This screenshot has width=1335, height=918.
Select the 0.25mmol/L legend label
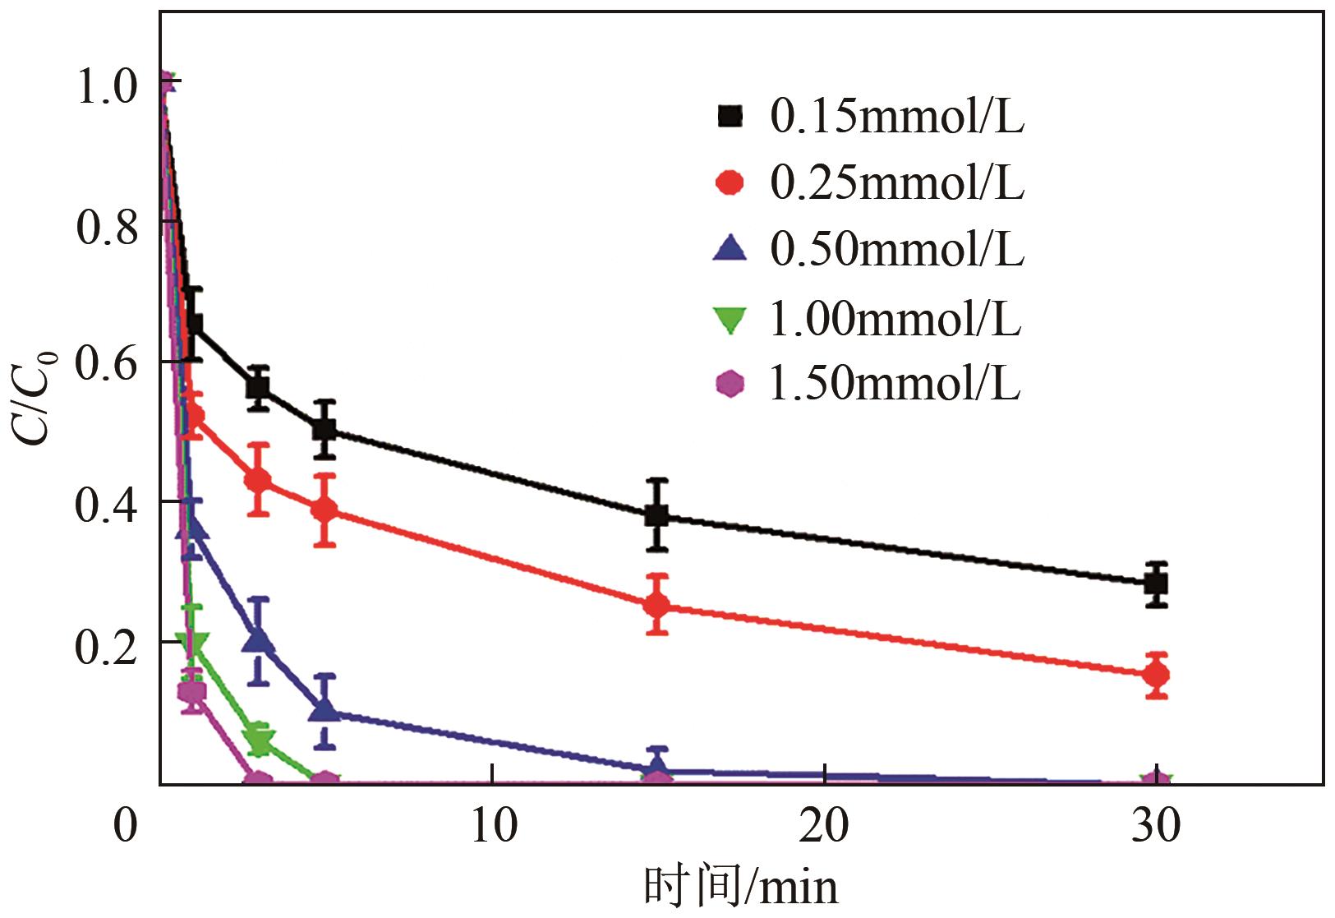pos(896,183)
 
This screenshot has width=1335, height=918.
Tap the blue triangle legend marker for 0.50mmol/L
pos(730,249)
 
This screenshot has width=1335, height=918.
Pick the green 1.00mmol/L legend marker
pos(730,320)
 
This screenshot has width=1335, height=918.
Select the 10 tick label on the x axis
pos(494,825)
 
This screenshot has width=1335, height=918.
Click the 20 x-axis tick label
pos(824,825)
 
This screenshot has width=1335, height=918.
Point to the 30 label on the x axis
pos(1156,825)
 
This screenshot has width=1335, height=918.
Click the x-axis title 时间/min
pos(740,887)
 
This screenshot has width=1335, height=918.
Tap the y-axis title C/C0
pos(37,397)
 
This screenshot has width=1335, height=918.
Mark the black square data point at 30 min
pos(1156,584)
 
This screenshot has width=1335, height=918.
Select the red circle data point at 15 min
pos(656,606)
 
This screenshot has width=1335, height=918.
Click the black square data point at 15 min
pos(656,515)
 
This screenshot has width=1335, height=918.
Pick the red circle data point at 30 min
pos(1156,675)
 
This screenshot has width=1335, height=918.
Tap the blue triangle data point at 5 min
pos(325,709)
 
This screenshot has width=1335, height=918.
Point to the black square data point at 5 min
pos(325,429)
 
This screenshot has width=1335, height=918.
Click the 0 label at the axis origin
pos(125,825)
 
